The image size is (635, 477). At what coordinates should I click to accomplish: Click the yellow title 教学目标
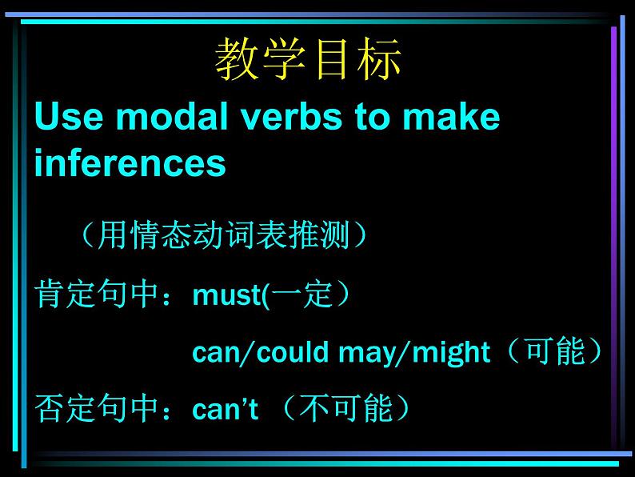click(308, 58)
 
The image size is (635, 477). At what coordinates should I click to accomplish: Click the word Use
click(69, 116)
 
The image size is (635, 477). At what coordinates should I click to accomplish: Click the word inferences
click(130, 162)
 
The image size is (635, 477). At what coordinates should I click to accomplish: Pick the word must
click(227, 295)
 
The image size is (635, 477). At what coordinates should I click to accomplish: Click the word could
click(293, 351)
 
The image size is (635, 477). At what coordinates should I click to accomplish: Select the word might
click(451, 352)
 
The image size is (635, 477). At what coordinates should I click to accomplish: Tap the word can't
click(226, 408)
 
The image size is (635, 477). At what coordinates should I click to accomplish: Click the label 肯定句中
click(96, 294)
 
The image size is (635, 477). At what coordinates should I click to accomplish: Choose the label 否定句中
click(96, 408)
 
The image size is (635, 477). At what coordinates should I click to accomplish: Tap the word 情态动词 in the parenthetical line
click(194, 234)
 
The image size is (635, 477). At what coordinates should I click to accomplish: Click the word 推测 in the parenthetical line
click(319, 234)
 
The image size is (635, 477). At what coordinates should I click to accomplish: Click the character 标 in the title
click(379, 58)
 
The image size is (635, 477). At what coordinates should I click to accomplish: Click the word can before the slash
click(214, 353)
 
